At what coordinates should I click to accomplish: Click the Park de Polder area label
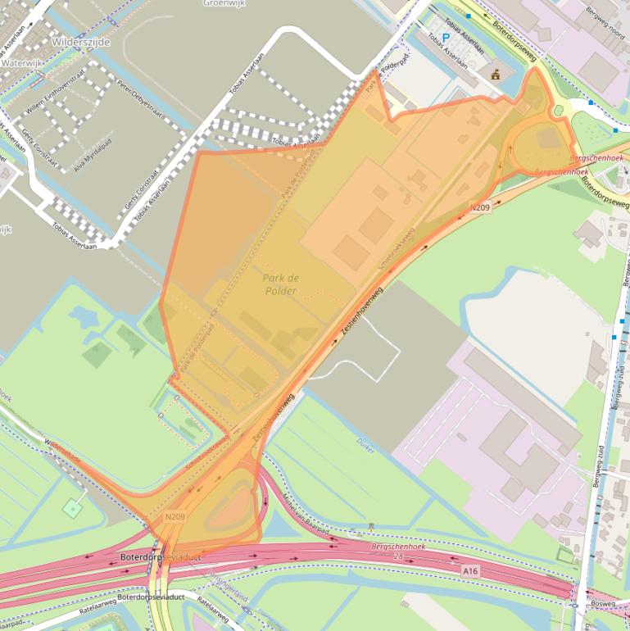281,284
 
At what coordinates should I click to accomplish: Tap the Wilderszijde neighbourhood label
79,40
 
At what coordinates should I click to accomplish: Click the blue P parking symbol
446,38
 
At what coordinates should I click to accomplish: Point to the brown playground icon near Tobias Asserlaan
495,75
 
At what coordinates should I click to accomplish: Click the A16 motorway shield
469,570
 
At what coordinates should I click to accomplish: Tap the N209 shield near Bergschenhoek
480,207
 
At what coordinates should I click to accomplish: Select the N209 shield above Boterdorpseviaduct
174,516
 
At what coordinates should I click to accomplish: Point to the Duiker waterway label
365,443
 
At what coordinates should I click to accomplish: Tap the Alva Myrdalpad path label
92,152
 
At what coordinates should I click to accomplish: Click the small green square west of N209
72,507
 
